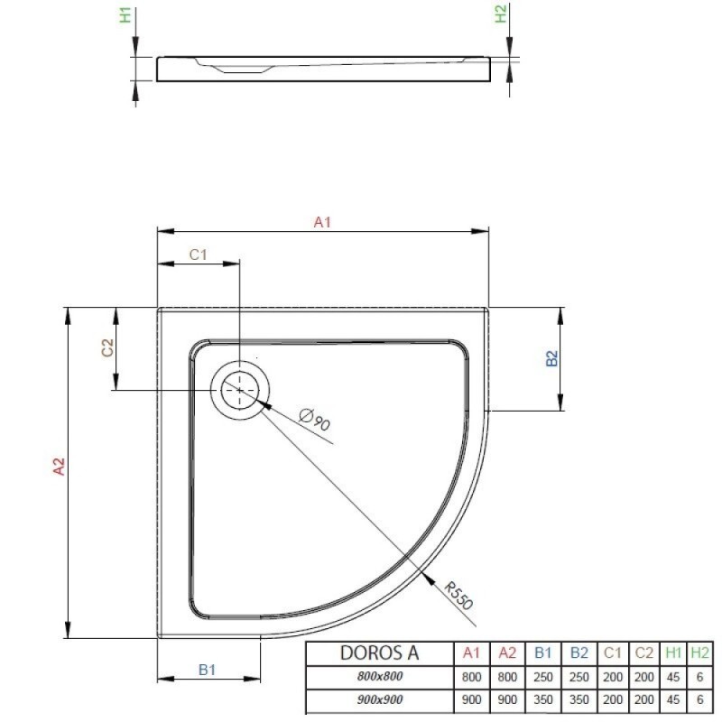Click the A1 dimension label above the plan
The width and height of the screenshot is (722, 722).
pos(322,222)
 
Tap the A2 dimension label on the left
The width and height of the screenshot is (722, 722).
pos(59,467)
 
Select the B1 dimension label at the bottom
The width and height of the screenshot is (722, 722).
pos(208,670)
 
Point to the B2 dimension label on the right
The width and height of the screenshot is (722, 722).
pos(551,358)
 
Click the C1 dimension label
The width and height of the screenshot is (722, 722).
pos(199,255)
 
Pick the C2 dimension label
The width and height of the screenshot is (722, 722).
pos(107,347)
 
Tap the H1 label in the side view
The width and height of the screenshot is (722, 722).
pos(125,15)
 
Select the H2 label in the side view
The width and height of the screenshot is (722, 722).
pos(501,14)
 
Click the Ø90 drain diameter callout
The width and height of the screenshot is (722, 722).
pos(315,419)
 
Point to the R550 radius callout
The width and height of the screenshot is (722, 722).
pos(459,596)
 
